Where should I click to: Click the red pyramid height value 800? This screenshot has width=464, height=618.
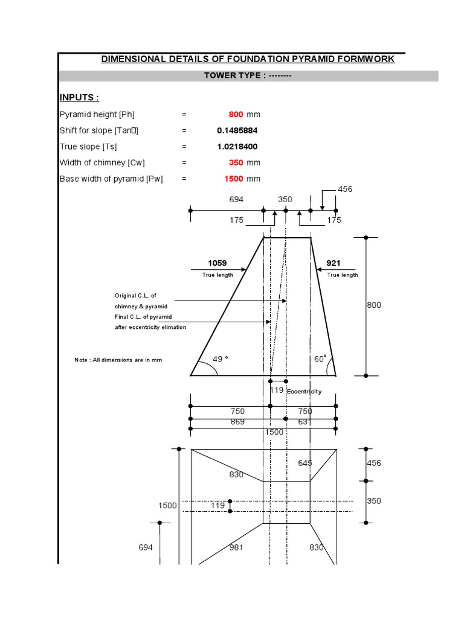(x=236, y=114)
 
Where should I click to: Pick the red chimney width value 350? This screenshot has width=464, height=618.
(x=236, y=162)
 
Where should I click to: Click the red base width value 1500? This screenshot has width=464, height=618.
(x=233, y=179)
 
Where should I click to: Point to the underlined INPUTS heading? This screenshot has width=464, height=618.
(x=79, y=98)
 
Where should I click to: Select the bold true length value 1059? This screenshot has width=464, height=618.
(x=217, y=263)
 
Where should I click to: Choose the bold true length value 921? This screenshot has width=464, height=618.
(x=333, y=263)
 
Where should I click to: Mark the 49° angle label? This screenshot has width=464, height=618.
(x=221, y=359)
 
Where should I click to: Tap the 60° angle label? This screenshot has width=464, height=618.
(x=320, y=359)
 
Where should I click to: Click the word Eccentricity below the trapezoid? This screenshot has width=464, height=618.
(x=304, y=392)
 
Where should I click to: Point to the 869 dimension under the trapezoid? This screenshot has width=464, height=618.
(x=237, y=422)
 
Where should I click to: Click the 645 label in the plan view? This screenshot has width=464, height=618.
(x=305, y=463)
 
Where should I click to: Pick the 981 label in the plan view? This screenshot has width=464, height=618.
(x=237, y=548)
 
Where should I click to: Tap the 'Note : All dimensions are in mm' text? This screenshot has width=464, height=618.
(x=118, y=360)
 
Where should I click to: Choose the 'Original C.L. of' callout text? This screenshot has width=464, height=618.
(x=135, y=296)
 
